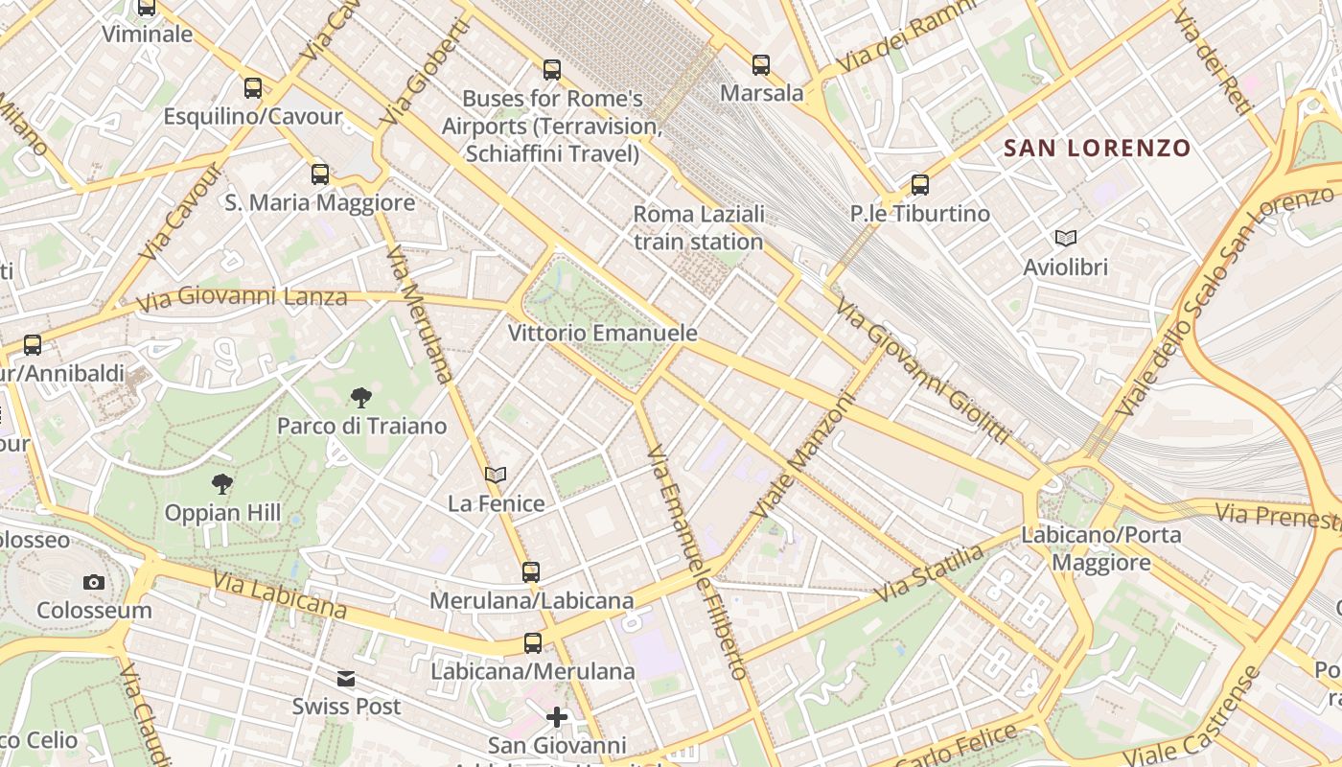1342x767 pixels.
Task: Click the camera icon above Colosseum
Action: coord(93,582)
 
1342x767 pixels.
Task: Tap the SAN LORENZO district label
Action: coord(1097,149)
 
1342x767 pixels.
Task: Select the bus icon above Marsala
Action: coord(761,65)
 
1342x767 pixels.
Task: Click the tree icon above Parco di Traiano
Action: coord(361,397)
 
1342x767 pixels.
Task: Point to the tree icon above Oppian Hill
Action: coord(222,484)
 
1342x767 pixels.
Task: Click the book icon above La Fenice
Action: coord(496,475)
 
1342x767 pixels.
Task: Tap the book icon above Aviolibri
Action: coord(1065,238)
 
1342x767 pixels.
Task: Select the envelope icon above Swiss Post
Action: coord(346,679)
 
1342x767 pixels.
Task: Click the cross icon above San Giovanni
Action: coord(557,717)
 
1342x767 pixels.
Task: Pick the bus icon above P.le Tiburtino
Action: coord(920,185)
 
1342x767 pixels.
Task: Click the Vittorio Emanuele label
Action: coord(602,334)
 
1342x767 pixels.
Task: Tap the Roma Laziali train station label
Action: coord(699,227)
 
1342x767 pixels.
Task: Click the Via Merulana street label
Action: coord(419,314)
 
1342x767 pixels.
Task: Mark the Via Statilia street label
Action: coord(929,573)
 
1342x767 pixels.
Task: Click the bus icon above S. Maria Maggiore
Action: coord(320,174)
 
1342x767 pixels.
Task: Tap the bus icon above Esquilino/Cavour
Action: coord(253,88)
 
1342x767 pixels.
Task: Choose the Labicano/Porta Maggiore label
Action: coord(1101,548)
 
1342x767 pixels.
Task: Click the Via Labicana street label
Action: coord(279,595)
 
